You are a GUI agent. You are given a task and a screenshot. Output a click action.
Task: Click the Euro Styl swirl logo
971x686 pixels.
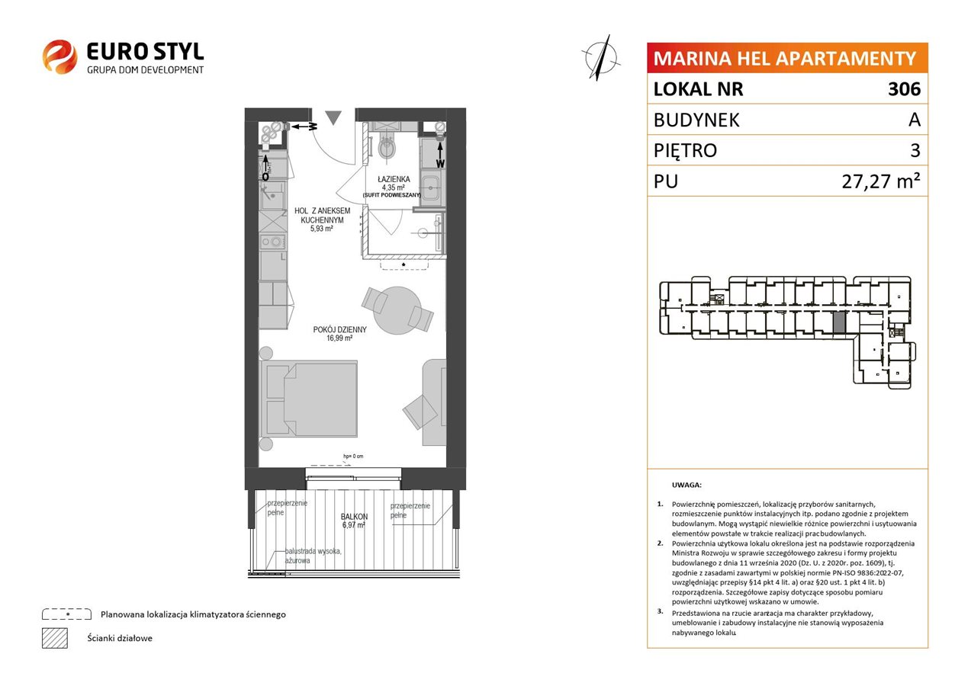pos(59,56)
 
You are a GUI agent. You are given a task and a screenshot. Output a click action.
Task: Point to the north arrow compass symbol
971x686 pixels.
pos(601,58)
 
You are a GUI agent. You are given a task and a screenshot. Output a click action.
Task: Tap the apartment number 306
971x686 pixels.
pos(904,88)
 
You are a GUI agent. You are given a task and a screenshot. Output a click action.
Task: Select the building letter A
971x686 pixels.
pos(915,120)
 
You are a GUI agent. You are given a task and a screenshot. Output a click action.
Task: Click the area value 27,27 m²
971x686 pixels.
pos(881,181)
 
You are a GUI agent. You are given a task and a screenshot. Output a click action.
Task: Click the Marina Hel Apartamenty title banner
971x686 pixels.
pos(787,58)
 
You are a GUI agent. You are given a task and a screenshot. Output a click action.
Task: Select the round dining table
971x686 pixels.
pos(397,310)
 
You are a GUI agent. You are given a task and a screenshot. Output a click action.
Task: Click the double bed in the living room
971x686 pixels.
pos(309,399)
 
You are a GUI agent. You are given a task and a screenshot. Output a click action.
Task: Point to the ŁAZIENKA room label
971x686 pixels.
pos(394,179)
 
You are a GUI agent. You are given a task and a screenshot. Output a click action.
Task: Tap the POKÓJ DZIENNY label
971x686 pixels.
pos(340,329)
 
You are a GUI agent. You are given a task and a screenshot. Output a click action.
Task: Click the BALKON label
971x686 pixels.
pos(354,517)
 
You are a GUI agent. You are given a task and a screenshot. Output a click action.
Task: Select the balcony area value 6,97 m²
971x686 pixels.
pos(354,525)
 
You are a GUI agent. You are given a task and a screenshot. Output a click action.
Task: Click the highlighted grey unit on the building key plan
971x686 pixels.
pos(839,323)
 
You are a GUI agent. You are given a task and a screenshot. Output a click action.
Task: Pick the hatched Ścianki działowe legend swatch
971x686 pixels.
pos(55,638)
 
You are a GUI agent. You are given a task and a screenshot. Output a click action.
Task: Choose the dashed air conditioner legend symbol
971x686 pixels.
pos(67,614)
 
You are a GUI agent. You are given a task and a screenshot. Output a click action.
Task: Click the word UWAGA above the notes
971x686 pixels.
pos(686,485)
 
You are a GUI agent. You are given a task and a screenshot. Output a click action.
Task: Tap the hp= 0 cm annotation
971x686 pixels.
pos(353,456)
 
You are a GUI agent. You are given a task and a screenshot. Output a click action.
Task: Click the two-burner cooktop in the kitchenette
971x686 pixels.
pos(272,242)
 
